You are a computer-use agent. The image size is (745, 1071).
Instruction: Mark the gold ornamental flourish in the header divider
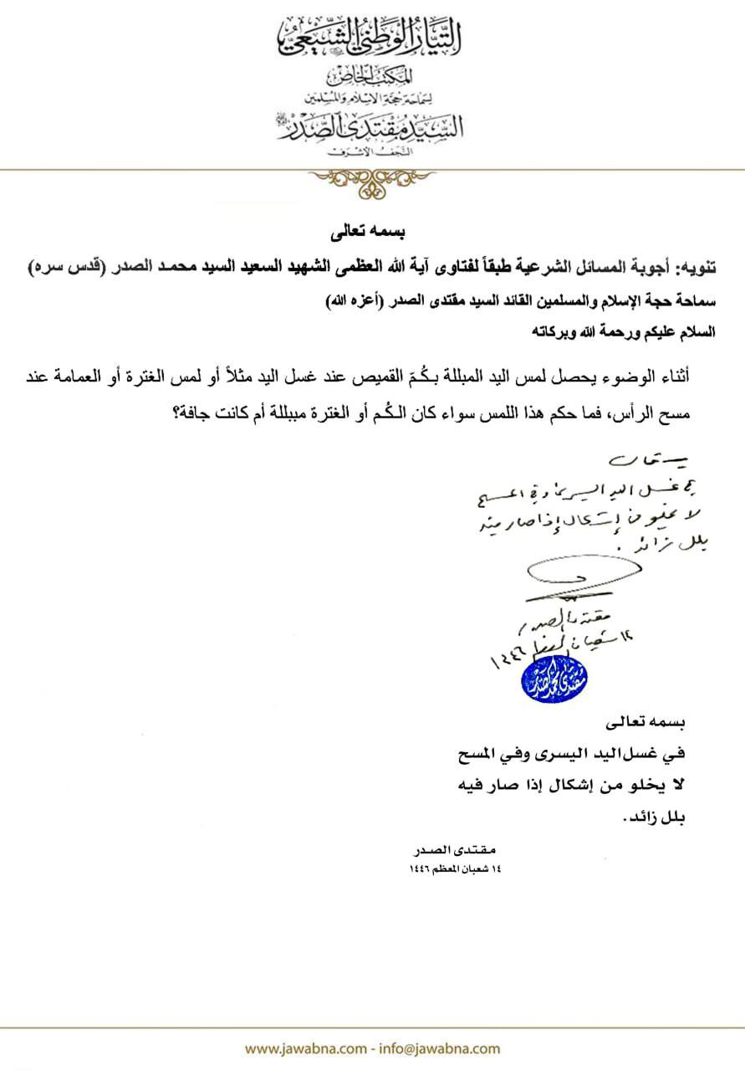point(372,177)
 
